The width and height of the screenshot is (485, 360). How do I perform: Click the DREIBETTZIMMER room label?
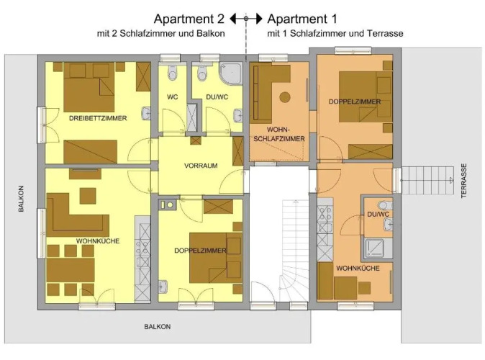coord(98,118)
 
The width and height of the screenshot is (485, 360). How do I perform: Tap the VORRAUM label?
coord(201,166)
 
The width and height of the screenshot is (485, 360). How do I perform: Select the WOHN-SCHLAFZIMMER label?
coord(279,135)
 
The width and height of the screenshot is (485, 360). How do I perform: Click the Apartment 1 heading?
coord(302,19)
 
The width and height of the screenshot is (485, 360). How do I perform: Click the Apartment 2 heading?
coord(189,19)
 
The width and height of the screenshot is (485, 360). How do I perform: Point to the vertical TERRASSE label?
coord(463,181)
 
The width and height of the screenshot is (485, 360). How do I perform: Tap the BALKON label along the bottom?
coord(157,327)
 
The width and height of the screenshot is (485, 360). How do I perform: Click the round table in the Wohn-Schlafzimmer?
coord(285,97)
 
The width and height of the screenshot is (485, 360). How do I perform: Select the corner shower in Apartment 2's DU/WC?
coord(231,73)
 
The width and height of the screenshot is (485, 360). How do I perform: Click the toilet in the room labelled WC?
coord(172,73)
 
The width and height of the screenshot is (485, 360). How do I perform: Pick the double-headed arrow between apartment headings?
coord(246,19)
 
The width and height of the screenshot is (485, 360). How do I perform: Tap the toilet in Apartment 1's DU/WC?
coord(385,205)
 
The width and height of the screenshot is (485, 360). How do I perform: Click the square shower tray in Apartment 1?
coord(374,248)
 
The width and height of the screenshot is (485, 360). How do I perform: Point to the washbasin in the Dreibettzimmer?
coord(146,113)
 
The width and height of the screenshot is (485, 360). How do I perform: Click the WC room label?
coord(172,97)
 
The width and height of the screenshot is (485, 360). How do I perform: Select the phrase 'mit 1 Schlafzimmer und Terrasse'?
coord(335,33)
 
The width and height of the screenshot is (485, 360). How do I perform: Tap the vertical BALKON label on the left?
coord(21,199)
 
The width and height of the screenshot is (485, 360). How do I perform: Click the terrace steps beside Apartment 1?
coord(427,181)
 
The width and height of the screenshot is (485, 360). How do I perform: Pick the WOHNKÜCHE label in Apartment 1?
coord(358,268)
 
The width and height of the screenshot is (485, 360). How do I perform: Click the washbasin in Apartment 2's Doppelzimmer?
coord(163,287)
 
